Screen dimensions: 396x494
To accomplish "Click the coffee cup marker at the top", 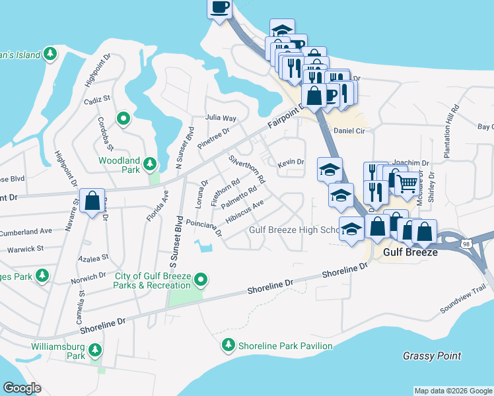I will pos(220,9).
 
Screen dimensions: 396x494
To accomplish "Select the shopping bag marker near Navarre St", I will pos(92,200).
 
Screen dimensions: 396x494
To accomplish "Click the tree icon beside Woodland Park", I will pos(150,163).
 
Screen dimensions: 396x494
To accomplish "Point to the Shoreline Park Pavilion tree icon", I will pos(228,345).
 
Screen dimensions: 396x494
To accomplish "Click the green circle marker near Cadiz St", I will pos(123,119).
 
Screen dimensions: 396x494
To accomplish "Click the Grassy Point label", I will pos(432,356).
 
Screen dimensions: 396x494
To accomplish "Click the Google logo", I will pos(22,387).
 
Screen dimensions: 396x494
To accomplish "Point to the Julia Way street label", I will pos(220,117).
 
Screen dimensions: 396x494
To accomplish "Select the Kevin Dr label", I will pos(291,162).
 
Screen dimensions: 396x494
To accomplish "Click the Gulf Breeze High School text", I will pos(295,230).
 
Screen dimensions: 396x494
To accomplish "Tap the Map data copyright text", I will pos(452,391).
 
